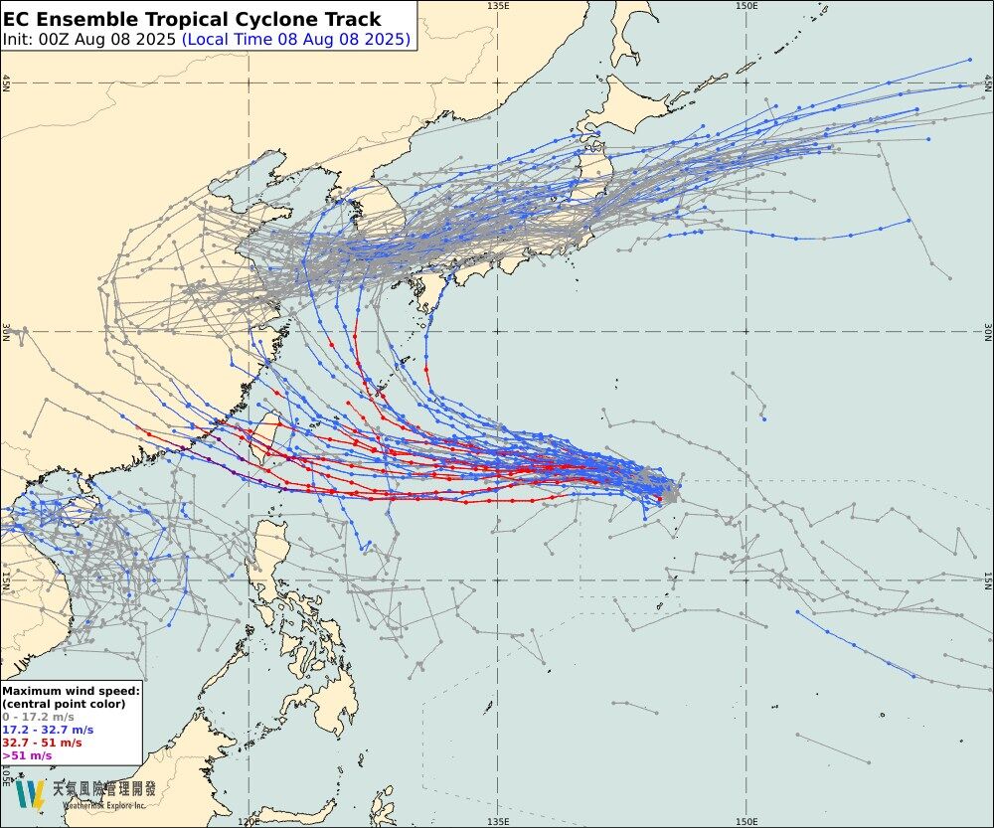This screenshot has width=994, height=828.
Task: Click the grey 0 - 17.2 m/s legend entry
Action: coord(38,717)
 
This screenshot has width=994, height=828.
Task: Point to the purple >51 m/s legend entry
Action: coord(27,755)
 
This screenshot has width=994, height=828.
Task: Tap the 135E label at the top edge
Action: coord(499,6)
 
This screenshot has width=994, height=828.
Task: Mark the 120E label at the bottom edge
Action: coord(249,822)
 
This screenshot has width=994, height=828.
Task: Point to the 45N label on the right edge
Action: coord(988,83)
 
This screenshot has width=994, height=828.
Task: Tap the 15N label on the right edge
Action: coord(988,580)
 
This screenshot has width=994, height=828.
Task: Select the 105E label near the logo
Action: coord(6,772)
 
